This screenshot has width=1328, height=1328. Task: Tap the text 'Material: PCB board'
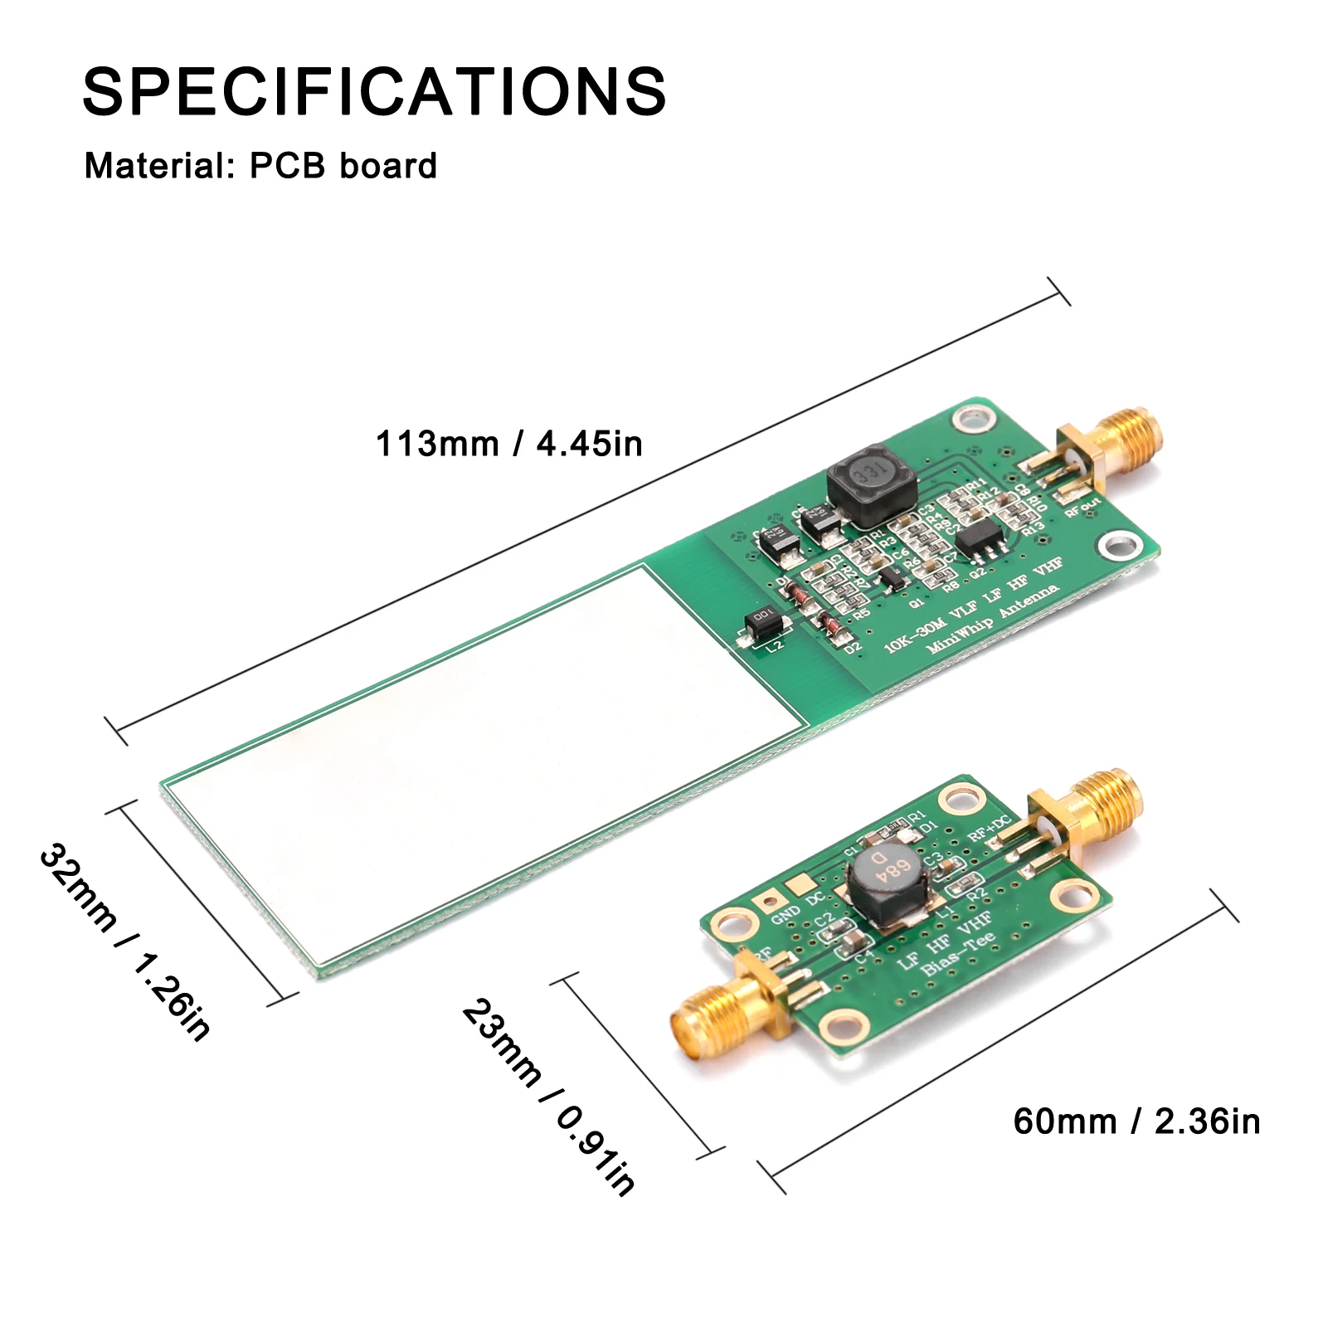tap(260, 166)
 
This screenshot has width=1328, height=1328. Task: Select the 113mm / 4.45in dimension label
tap(509, 444)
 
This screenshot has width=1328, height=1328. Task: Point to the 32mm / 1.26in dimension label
tap(124, 941)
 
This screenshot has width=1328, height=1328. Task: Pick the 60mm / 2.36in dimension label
tap(1136, 1121)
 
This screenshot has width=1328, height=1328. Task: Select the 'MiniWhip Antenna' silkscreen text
tap(992, 618)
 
